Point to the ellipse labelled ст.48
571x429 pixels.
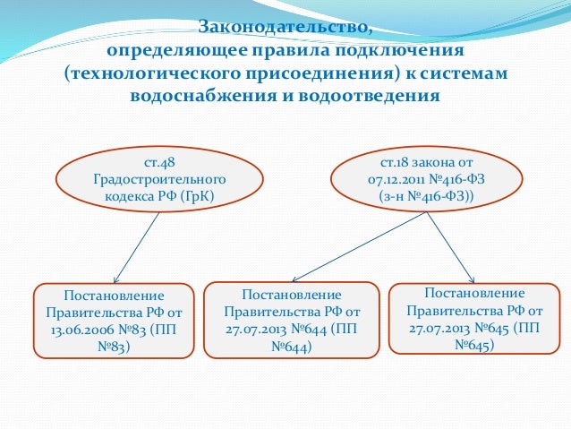tap(159, 179)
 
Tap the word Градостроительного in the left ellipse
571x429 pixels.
tap(159, 179)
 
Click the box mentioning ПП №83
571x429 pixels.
tap(114, 321)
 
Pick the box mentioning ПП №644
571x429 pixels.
tap(291, 321)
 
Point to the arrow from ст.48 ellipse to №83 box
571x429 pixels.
tap(136, 248)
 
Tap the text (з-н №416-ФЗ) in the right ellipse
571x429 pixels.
tap(425, 195)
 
